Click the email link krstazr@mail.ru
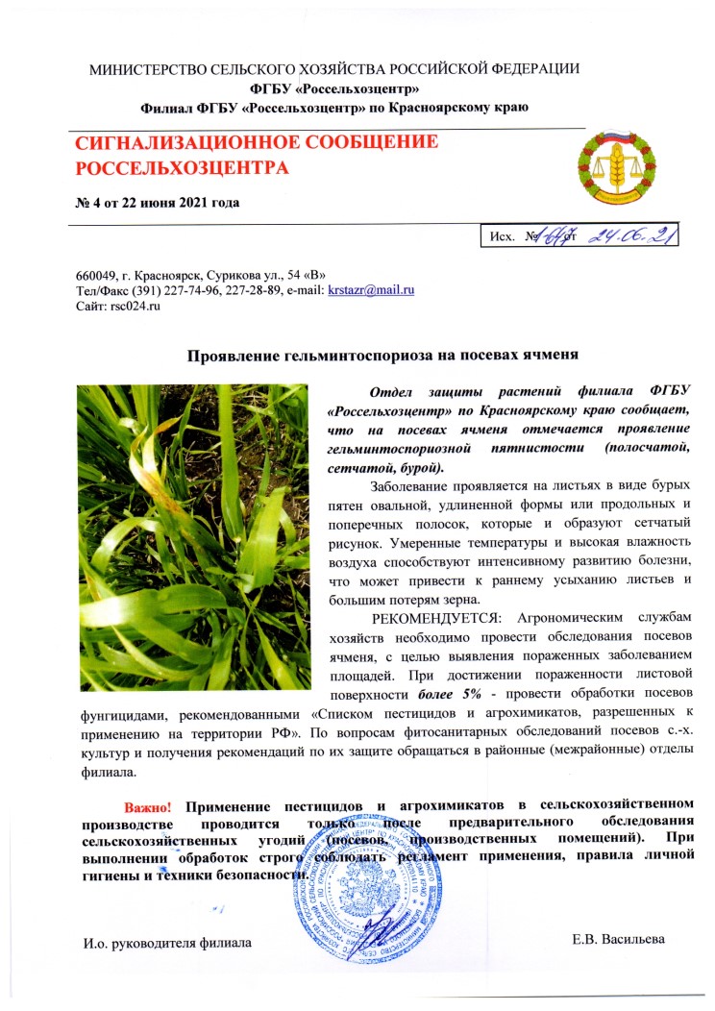371,291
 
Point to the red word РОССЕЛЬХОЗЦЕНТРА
182,170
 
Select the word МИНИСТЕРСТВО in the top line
149,69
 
